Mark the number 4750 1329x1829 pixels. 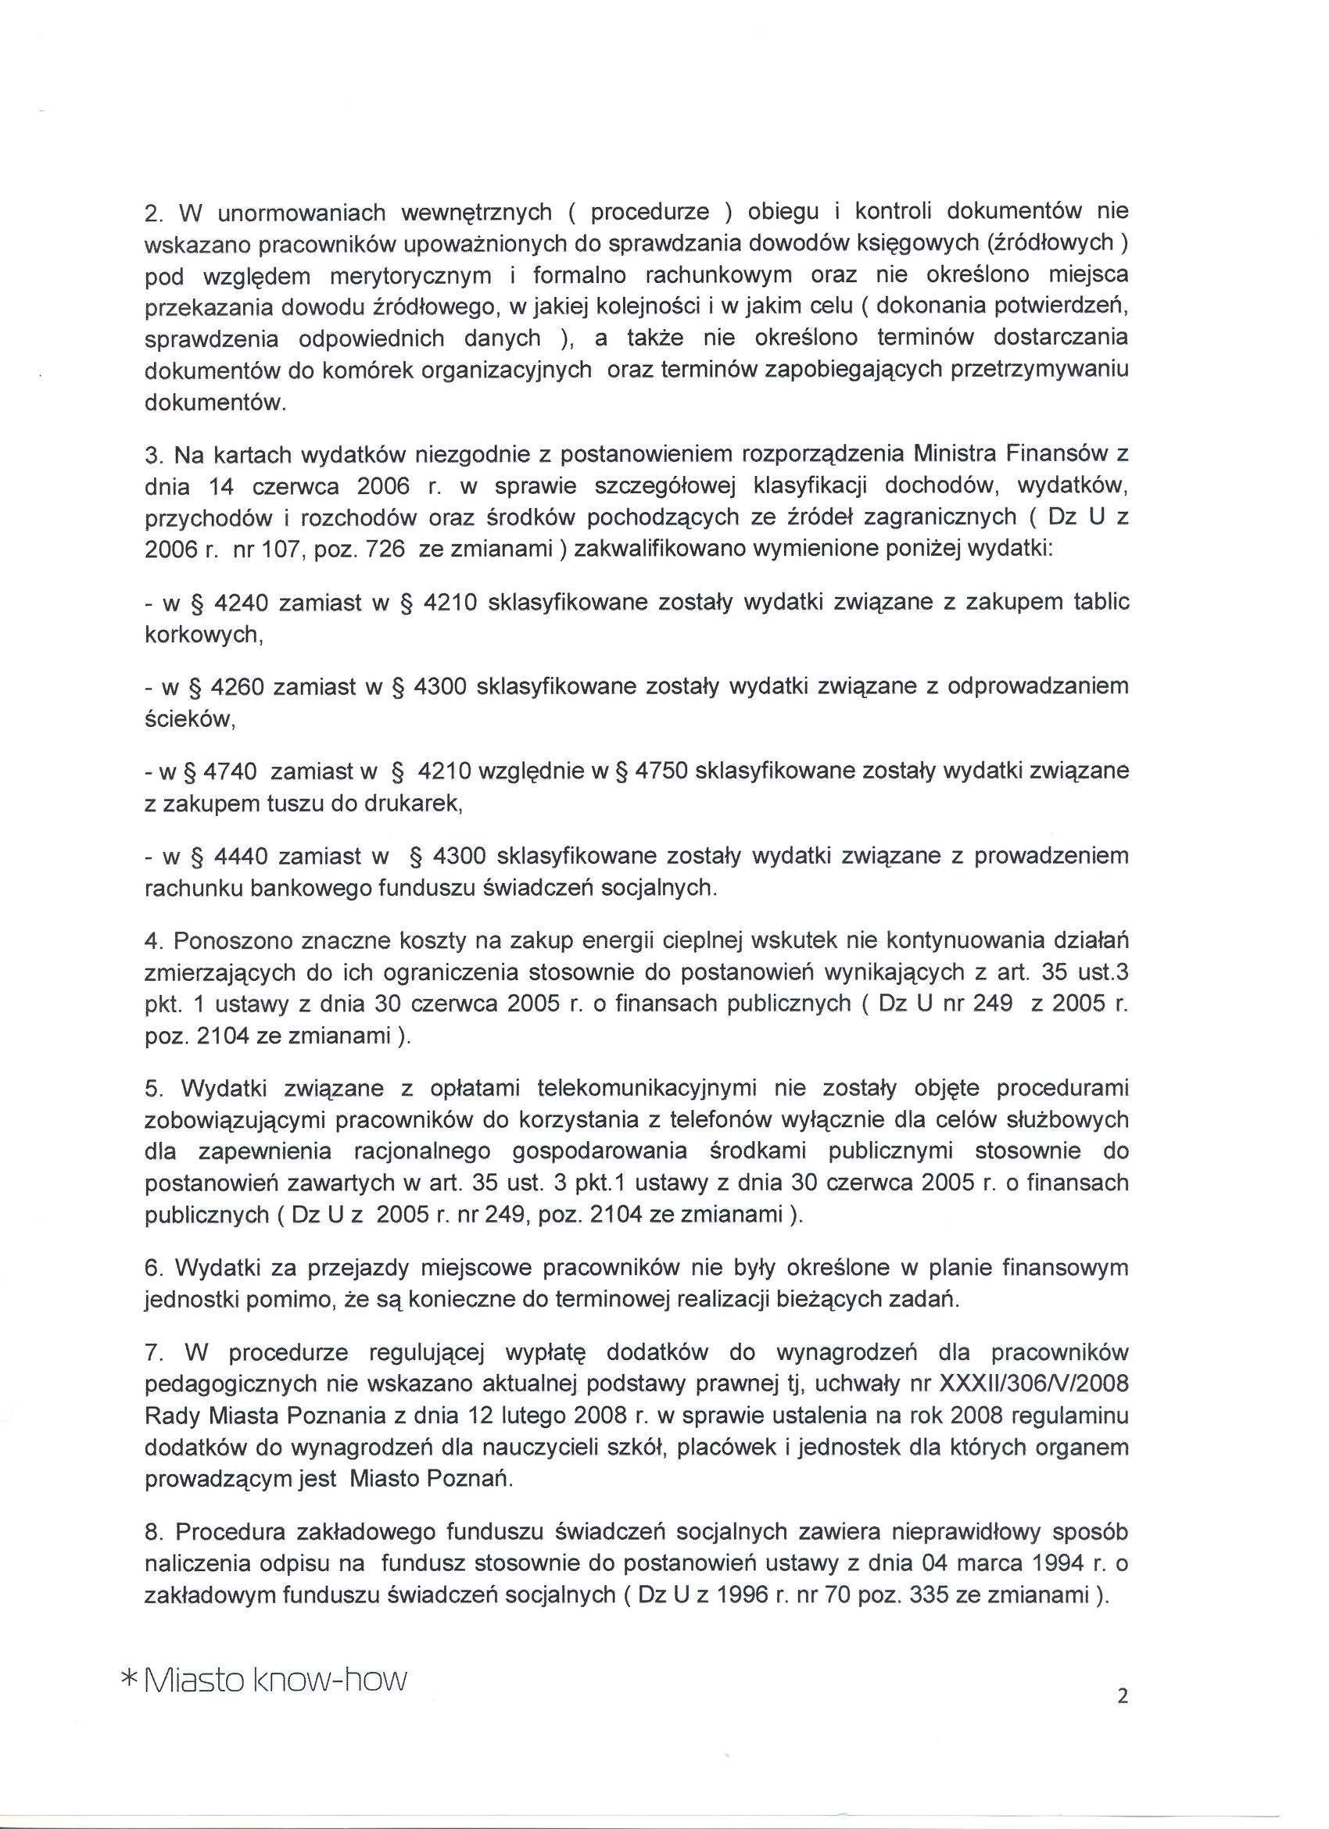(661, 771)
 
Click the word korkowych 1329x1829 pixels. (203, 635)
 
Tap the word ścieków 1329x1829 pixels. (189, 720)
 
